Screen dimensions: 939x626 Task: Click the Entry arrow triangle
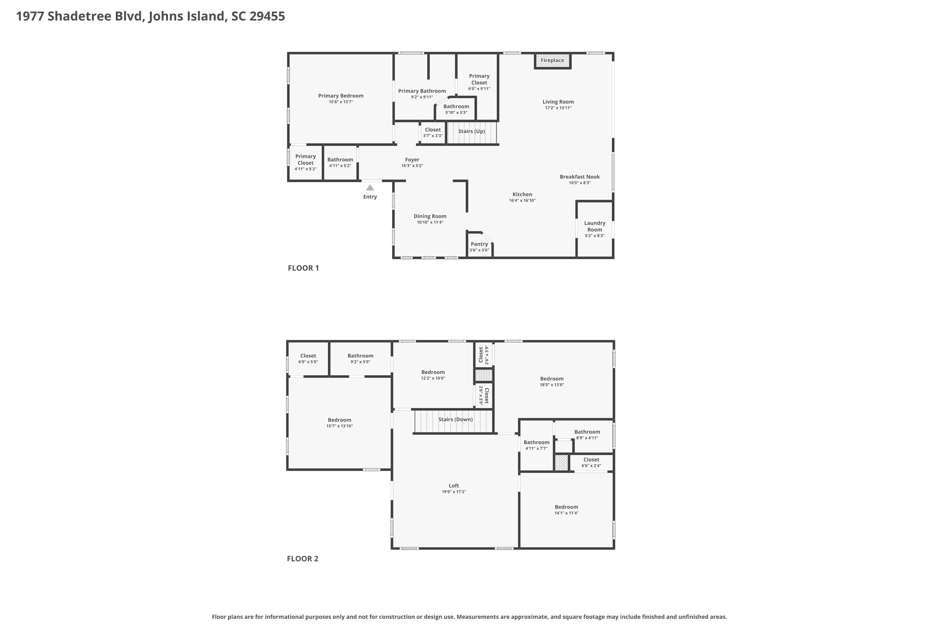coord(370,187)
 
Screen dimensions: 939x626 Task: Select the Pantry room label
coord(479,244)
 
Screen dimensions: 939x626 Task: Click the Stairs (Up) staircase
coord(472,132)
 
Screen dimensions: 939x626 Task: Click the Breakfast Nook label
coord(580,177)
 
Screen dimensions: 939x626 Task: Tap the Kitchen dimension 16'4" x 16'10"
coord(522,200)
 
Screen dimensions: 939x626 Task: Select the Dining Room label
coord(430,216)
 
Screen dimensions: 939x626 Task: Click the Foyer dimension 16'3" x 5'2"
coord(412,166)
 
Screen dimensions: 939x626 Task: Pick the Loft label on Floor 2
coord(454,486)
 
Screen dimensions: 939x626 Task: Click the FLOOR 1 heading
coord(303,268)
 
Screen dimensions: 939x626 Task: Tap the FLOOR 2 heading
coord(303,558)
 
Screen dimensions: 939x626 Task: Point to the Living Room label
coord(558,102)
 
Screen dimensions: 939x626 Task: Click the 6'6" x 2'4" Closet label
coord(591,459)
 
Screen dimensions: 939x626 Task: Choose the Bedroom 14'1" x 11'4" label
coord(566,507)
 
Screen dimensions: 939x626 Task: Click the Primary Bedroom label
coord(341,96)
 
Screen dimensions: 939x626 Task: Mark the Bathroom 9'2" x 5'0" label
coord(360,356)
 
